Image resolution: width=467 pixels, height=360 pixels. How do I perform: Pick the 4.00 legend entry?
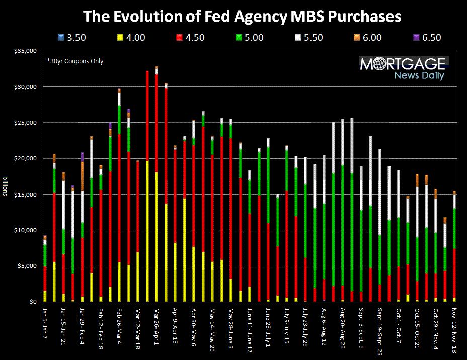(130, 37)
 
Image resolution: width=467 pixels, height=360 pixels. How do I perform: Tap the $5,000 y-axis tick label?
(29, 266)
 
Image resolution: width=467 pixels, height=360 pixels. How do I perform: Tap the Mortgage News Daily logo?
(402, 68)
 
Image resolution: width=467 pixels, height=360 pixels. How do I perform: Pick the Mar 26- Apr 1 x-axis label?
(157, 324)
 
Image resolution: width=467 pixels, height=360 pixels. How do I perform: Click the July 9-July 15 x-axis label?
(287, 324)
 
